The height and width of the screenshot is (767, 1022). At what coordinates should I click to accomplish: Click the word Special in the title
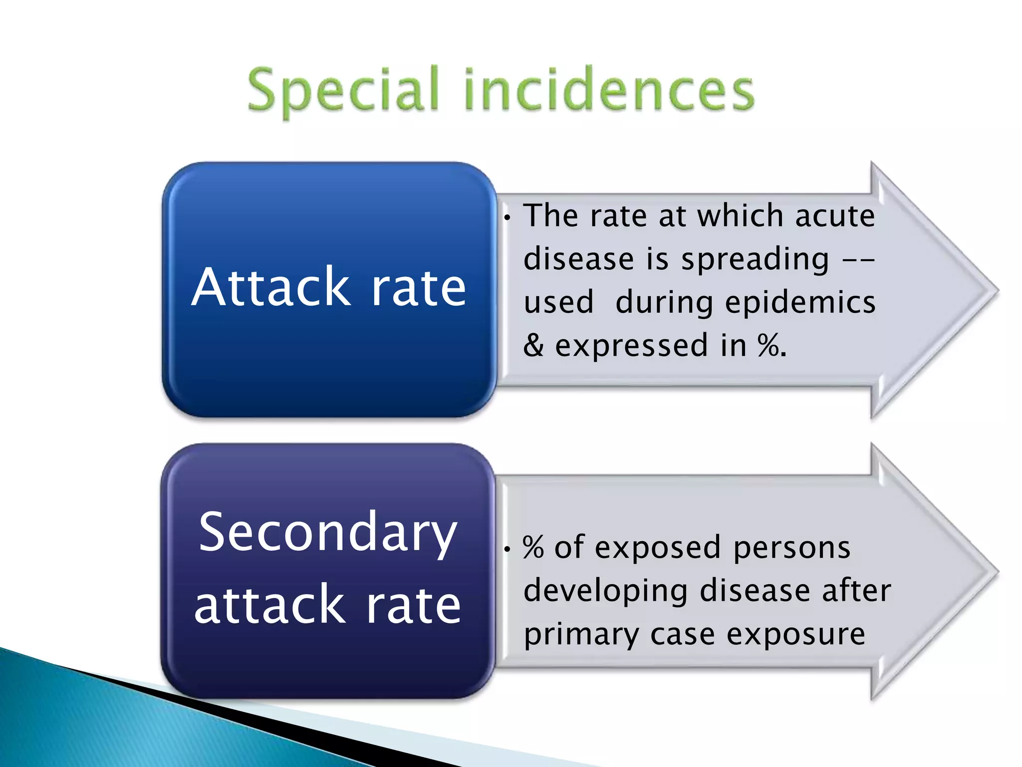pyautogui.click(x=343, y=91)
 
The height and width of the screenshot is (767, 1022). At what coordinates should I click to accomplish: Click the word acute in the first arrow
pyautogui.click(x=835, y=216)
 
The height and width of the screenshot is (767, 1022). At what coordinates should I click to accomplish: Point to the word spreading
pyautogui.click(x=755, y=259)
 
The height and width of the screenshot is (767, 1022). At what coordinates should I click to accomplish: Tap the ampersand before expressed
pyautogui.click(x=533, y=345)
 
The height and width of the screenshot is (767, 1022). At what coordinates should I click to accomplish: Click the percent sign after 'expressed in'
pyautogui.click(x=768, y=345)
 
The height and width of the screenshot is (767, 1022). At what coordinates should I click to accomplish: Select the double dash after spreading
pyautogui.click(x=858, y=260)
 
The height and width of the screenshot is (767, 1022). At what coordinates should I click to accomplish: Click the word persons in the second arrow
pyautogui.click(x=792, y=548)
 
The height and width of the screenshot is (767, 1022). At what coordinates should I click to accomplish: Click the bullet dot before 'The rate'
pyautogui.click(x=507, y=218)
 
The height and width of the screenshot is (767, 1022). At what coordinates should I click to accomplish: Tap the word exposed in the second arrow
pyautogui.click(x=658, y=548)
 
